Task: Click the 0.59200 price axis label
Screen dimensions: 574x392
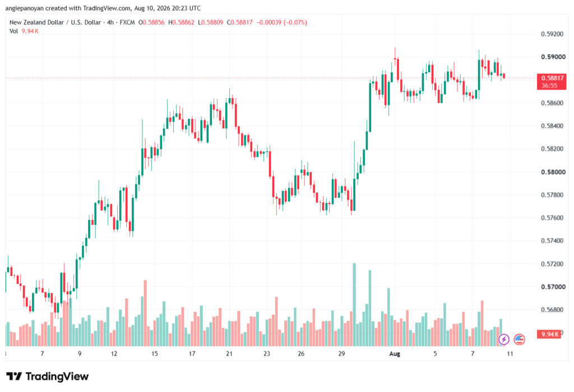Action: tap(552, 34)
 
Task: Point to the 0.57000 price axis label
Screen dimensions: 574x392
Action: tap(552, 287)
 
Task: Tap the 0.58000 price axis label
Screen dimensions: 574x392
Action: tap(552, 172)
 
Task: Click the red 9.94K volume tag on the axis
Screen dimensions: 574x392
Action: tap(549, 334)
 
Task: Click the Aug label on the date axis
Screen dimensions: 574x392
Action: tap(395, 353)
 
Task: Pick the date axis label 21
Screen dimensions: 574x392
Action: tap(229, 353)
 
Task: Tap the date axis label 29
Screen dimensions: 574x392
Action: tap(341, 353)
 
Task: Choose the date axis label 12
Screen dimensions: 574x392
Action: tap(114, 353)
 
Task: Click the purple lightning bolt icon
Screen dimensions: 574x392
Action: tap(504, 340)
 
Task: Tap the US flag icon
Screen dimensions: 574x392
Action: tap(519, 340)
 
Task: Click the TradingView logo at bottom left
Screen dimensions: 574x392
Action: tap(48, 376)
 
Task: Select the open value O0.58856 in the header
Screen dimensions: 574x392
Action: tap(151, 22)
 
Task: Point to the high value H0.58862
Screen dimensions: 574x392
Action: tap(181, 22)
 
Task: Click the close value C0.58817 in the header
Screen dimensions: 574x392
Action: tap(240, 22)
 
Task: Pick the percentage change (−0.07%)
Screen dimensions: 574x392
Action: tap(295, 22)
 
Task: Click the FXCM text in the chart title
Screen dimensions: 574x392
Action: tap(127, 22)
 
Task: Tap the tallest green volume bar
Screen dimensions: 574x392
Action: tap(354, 305)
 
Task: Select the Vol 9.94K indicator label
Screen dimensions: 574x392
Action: tap(24, 31)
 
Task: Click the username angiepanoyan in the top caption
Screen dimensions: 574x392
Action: tap(25, 8)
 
